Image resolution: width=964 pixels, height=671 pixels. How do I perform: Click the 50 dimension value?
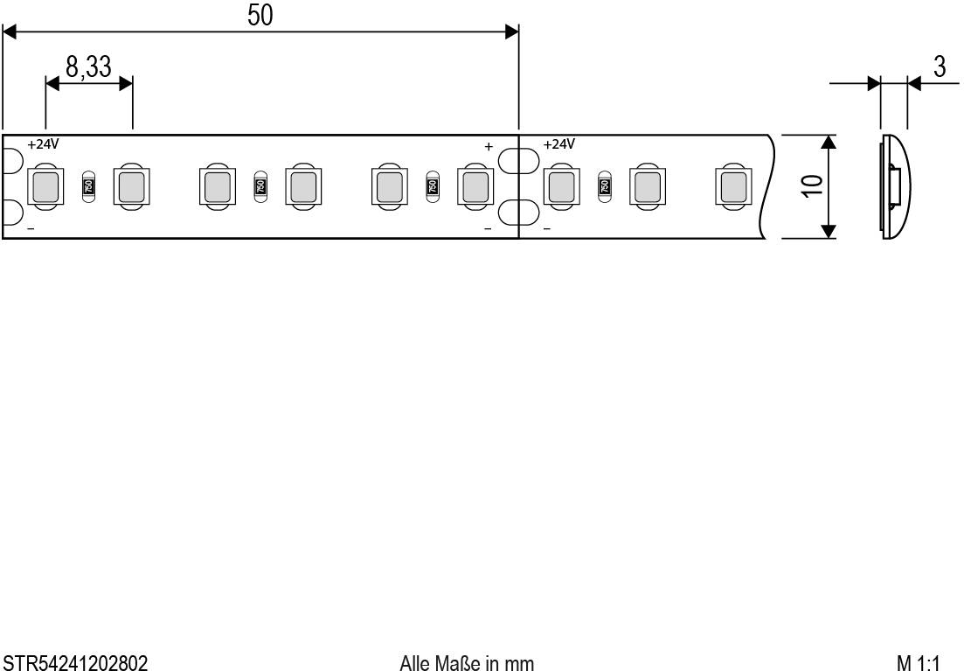click(x=260, y=15)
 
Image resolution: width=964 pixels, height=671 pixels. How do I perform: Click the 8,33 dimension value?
click(x=88, y=66)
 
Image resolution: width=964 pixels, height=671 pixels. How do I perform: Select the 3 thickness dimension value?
click(x=940, y=68)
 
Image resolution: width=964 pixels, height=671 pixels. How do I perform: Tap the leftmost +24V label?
click(x=44, y=143)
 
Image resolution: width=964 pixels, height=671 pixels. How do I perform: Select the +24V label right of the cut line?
click(x=559, y=143)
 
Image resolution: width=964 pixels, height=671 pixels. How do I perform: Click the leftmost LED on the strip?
click(x=45, y=186)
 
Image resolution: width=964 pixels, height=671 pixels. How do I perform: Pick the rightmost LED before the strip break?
click(x=732, y=186)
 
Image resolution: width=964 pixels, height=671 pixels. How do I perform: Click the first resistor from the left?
click(x=87, y=186)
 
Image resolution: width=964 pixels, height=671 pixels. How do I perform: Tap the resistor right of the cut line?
click(x=603, y=186)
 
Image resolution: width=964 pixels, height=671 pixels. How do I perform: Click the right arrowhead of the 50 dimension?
click(x=512, y=32)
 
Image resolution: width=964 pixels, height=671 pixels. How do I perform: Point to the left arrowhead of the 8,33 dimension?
click(x=52, y=83)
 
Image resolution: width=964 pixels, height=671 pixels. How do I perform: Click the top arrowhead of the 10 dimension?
click(x=829, y=142)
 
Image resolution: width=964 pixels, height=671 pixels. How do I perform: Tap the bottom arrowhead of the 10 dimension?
click(x=829, y=231)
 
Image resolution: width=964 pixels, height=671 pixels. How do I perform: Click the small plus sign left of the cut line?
click(x=489, y=146)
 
